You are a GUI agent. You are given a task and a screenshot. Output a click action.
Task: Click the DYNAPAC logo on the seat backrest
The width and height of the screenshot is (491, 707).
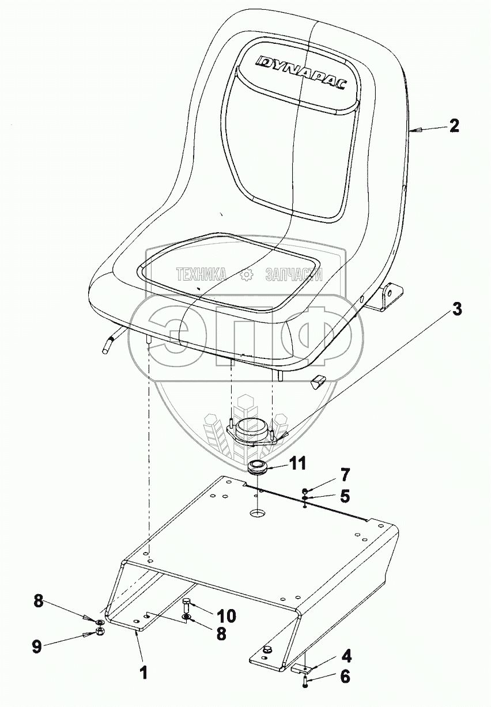click(x=301, y=72)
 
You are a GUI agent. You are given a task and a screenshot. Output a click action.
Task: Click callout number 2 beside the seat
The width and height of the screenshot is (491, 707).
click(x=454, y=126)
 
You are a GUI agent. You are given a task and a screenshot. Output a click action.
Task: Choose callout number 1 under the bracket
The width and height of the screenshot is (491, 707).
click(x=144, y=671)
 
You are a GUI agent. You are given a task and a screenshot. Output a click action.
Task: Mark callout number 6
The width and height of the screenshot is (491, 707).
click(x=345, y=677)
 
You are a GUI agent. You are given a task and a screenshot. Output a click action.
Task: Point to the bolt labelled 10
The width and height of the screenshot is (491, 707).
click(x=187, y=606)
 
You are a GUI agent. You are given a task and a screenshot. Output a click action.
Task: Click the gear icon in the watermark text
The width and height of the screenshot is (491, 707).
click(x=246, y=275)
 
